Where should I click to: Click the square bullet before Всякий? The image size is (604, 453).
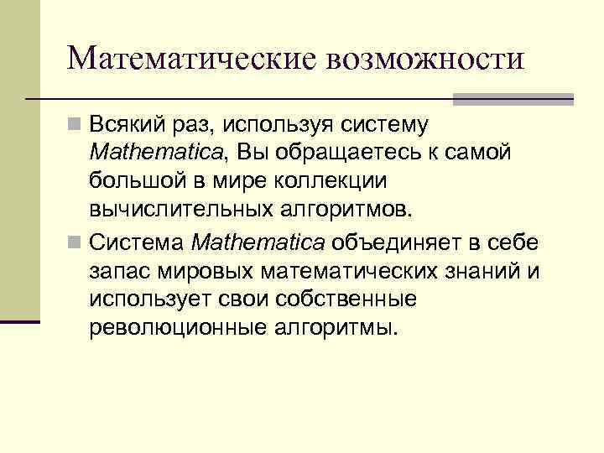(x=76, y=125)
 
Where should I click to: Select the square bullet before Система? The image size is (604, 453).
(x=76, y=243)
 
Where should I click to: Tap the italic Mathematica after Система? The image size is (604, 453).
(x=258, y=243)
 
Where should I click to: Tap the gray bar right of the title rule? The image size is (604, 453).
(x=513, y=99)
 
